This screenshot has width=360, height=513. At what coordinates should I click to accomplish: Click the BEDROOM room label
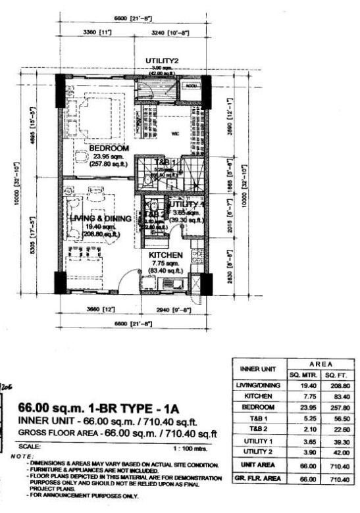pos(109,148)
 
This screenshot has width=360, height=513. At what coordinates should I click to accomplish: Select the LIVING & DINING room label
pos(100,218)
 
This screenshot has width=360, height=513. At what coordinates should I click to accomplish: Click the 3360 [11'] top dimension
pos(96,31)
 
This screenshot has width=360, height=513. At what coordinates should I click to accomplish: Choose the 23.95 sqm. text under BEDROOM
pos(109,157)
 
